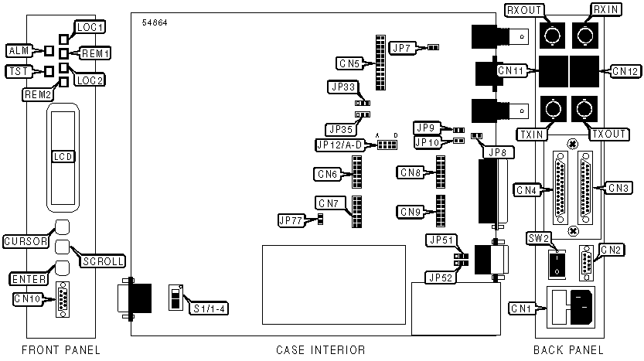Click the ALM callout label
pyautogui.click(x=16, y=51)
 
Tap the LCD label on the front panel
pyautogui.click(x=63, y=156)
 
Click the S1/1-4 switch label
pyautogui.click(x=210, y=308)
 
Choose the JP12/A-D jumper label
pyautogui.click(x=339, y=145)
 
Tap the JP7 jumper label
pyautogui.click(x=402, y=48)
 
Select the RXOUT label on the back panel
pyautogui.click(x=523, y=10)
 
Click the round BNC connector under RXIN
pyautogui.click(x=584, y=35)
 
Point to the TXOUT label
pyautogui.click(x=608, y=134)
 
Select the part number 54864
pyautogui.click(x=155, y=22)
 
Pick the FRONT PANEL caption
pyautogui.click(x=60, y=350)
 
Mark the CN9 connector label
pyautogui.click(x=411, y=211)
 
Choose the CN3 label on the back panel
pyautogui.click(x=618, y=187)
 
